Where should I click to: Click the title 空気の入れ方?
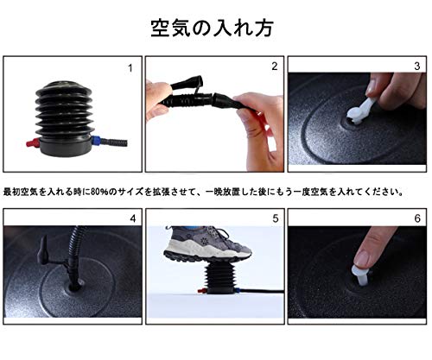(212, 28)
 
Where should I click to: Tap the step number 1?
(130, 68)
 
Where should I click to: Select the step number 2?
(275, 66)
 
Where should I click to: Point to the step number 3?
(417, 66)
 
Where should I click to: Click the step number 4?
(133, 218)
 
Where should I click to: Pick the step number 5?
(276, 218)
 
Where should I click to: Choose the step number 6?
(417, 218)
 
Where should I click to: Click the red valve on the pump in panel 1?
(33, 142)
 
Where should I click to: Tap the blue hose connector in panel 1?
(97, 142)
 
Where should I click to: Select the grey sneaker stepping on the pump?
(207, 243)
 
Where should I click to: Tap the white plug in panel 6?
(360, 275)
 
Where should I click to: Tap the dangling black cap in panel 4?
(43, 250)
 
